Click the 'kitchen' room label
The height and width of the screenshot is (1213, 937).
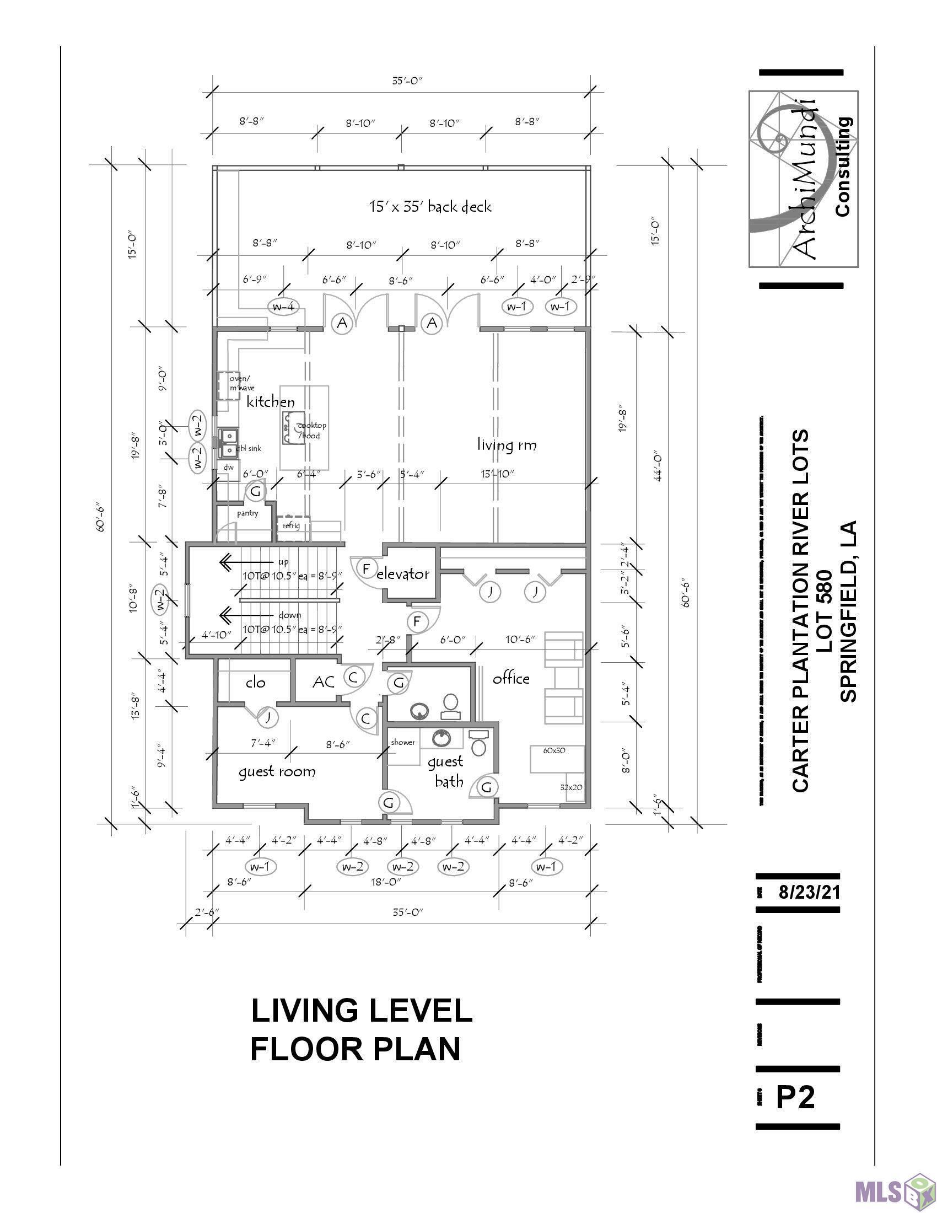(x=270, y=402)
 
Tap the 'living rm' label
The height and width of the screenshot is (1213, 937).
(x=507, y=445)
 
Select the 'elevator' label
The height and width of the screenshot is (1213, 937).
(x=403, y=574)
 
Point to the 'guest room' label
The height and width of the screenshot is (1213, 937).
(x=277, y=771)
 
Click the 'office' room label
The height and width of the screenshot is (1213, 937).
(x=511, y=678)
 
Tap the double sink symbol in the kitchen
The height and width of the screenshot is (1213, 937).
(x=228, y=443)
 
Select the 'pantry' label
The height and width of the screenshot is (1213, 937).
(x=247, y=513)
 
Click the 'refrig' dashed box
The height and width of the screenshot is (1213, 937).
(x=292, y=525)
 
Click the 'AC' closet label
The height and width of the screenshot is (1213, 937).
(x=324, y=681)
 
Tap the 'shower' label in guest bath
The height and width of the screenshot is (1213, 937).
(x=403, y=743)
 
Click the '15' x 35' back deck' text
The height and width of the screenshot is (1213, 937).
(x=430, y=207)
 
